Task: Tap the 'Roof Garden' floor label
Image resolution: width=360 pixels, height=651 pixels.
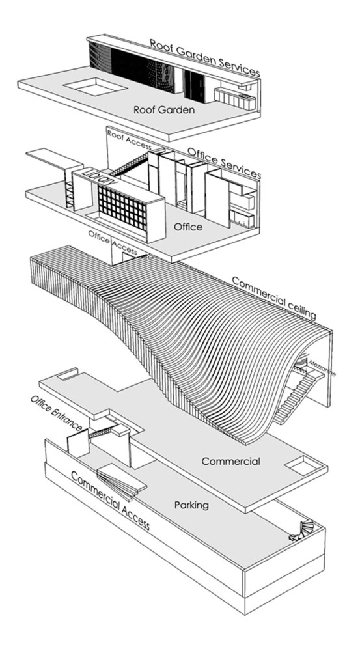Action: click(x=163, y=109)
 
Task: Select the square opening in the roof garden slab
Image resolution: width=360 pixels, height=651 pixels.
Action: click(x=95, y=87)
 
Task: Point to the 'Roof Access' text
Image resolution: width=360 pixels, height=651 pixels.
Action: click(x=129, y=140)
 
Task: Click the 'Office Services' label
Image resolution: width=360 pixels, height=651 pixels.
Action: click(x=224, y=163)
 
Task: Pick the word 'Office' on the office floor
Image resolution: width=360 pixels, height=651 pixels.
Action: click(x=188, y=227)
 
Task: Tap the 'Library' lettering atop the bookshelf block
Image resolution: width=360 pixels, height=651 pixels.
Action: click(x=99, y=177)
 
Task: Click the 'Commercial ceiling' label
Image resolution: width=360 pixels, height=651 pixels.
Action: click(x=274, y=298)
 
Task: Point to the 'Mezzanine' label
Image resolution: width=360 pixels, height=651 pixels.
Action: click(x=321, y=368)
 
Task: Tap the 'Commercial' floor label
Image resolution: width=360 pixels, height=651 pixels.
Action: click(x=230, y=461)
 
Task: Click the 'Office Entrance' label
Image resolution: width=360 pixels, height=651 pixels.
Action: click(x=57, y=413)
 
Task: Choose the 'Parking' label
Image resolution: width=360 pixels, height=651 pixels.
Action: click(x=191, y=505)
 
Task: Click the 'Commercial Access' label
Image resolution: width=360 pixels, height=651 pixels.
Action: click(x=109, y=500)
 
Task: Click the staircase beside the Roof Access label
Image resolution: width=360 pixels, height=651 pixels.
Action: click(x=130, y=165)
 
